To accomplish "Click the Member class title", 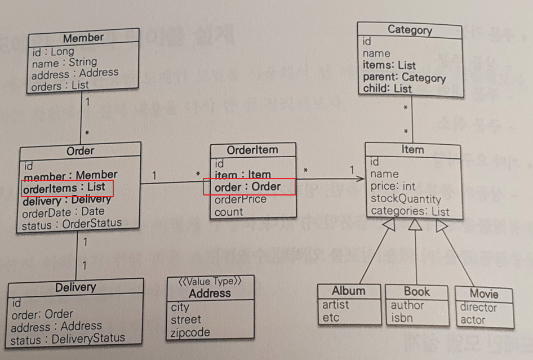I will [83, 38].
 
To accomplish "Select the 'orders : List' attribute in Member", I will [60, 86].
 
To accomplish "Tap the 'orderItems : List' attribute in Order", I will [64, 187].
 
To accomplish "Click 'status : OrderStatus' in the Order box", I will [72, 224].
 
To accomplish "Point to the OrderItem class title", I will [252, 150].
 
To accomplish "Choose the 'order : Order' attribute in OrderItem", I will [248, 187].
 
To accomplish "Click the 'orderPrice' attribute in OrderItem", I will [241, 199].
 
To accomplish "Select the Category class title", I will [410, 30].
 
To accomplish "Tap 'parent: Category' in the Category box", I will [404, 78].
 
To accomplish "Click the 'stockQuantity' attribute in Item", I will [406, 199].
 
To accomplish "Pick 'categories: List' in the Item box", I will [410, 212].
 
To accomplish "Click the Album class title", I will [348, 291].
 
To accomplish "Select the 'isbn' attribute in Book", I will [402, 318].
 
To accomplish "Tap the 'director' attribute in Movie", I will [478, 308].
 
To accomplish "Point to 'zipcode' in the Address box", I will [190, 332].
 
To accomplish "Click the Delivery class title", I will [75, 287].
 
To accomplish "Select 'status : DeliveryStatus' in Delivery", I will [68, 339].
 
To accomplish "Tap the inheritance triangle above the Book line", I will [415, 225].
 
